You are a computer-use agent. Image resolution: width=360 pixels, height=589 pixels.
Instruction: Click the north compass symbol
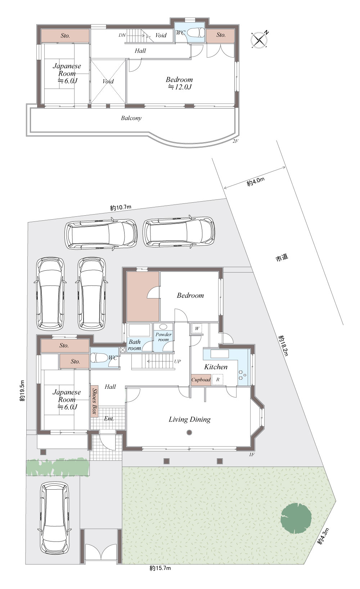tap(260, 40)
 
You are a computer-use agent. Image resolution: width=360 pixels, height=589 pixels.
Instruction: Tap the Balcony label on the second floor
tap(131, 118)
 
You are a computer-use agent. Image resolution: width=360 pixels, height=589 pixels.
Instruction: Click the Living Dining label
tap(190, 419)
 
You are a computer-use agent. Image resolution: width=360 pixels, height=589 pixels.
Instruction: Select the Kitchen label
tap(216, 367)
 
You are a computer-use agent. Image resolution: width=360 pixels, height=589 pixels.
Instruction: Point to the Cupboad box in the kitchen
tap(201, 380)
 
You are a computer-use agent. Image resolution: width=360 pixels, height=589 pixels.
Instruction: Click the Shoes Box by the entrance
tap(95, 401)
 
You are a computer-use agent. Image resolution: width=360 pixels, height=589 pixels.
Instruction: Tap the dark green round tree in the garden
tap(296, 518)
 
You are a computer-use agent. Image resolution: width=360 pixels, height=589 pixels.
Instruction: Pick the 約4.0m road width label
tap(256, 182)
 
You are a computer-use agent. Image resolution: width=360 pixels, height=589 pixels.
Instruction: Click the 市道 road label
tap(282, 257)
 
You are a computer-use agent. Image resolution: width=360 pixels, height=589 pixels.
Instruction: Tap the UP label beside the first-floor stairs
tap(177, 361)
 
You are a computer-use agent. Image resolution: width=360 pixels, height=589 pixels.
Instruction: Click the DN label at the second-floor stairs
tap(122, 35)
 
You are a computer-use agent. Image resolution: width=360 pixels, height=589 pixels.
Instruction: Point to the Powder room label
tap(163, 337)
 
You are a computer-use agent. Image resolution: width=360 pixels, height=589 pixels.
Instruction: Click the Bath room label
tap(134, 345)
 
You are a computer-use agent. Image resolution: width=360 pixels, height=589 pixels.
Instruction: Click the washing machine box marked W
tap(197, 328)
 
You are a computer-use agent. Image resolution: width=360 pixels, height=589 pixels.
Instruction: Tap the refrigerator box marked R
tap(218, 380)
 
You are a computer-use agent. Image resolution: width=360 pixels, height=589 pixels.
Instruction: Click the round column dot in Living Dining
tap(189, 432)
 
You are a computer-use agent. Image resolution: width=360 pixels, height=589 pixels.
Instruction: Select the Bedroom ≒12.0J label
tap(179, 83)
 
